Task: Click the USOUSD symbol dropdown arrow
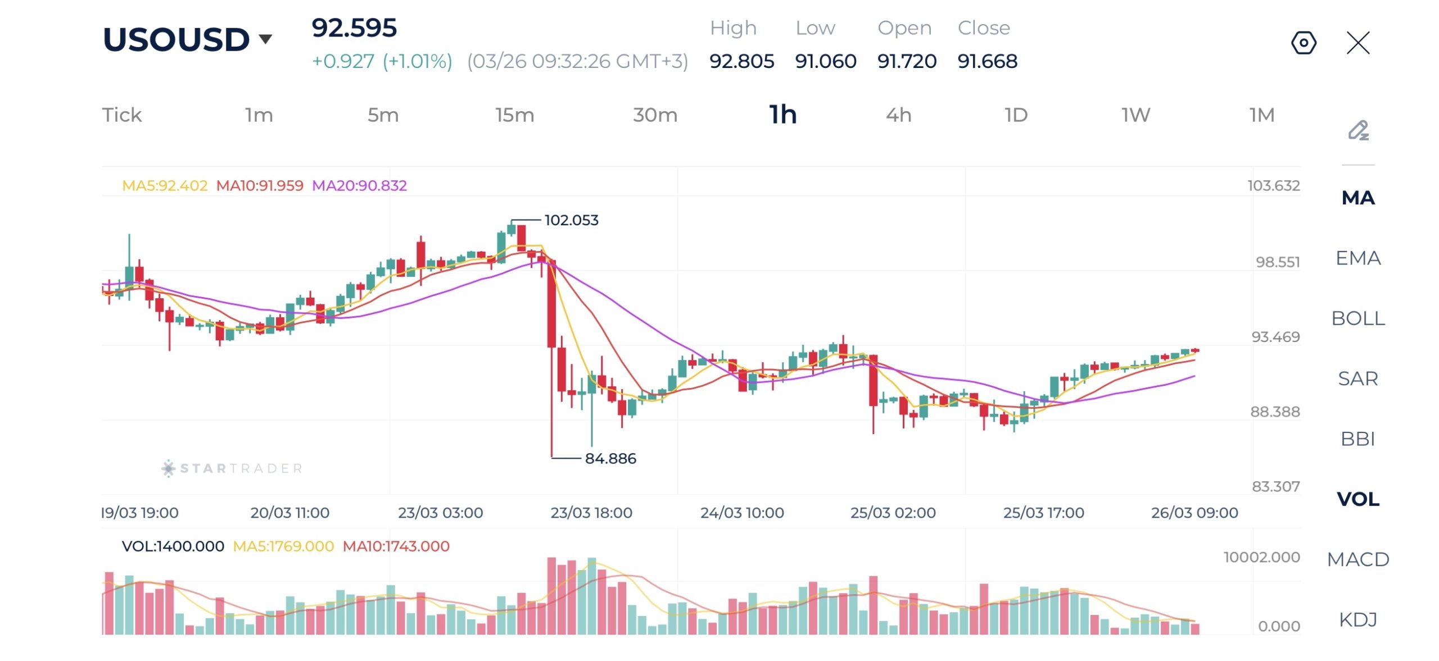coord(265,39)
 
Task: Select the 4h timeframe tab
coord(898,115)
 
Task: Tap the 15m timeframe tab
coord(514,115)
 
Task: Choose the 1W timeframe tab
coord(1135,115)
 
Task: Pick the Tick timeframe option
coord(121,115)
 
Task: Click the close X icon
coord(1358,43)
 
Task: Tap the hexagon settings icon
coord(1304,43)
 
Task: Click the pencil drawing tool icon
coord(1358,130)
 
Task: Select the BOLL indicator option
coord(1357,318)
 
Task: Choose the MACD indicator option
coord(1357,559)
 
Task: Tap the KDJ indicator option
coord(1357,619)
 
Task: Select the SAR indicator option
coord(1357,379)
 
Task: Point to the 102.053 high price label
coord(571,220)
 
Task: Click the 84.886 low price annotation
coord(610,459)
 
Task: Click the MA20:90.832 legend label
coord(359,185)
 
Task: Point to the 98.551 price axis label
coord(1278,262)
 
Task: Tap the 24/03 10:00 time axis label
coord(742,513)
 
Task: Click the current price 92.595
coord(354,28)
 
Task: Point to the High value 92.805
coord(741,61)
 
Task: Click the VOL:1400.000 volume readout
coord(173,546)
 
